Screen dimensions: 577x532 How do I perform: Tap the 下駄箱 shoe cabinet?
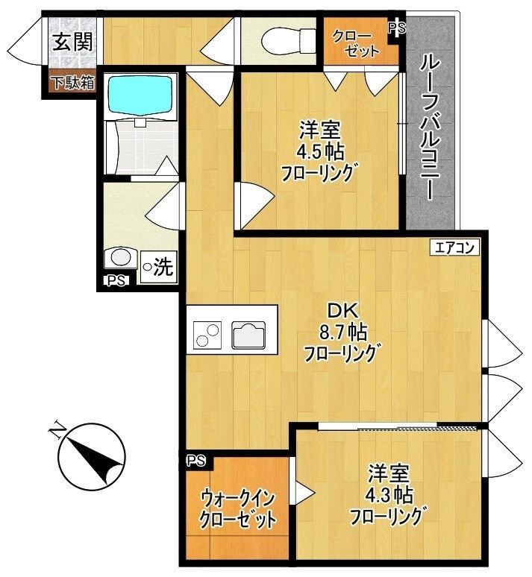[x=72, y=82]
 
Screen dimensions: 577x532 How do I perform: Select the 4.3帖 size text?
[x=389, y=493]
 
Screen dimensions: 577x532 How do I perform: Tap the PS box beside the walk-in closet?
[x=195, y=460]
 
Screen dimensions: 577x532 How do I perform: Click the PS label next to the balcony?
[x=396, y=28]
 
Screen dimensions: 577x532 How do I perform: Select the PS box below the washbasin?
[x=116, y=281]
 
